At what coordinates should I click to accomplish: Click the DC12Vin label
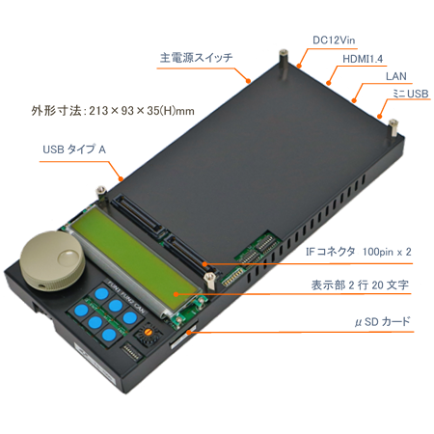click(x=334, y=41)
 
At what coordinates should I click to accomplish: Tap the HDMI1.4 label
click(x=363, y=59)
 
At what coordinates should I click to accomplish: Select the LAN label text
click(x=396, y=76)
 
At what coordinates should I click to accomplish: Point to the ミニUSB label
click(x=411, y=94)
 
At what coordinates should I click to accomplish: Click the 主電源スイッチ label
click(x=196, y=58)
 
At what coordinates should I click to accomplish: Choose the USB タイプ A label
click(x=74, y=149)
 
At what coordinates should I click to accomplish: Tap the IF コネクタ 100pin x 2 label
click(x=359, y=252)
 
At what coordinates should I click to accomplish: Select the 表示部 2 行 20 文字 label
click(x=360, y=285)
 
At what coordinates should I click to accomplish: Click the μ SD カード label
click(x=383, y=321)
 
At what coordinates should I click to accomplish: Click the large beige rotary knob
click(x=52, y=260)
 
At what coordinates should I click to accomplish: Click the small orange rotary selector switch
click(x=148, y=332)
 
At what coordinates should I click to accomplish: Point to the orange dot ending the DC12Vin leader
click(x=299, y=67)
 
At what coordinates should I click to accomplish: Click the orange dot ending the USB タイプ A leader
click(x=122, y=178)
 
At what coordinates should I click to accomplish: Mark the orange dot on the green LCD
click(x=176, y=294)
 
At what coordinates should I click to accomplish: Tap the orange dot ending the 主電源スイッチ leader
click(x=248, y=81)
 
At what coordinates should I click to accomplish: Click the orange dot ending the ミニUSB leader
click(x=380, y=116)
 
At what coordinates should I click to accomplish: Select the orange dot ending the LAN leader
click(x=354, y=100)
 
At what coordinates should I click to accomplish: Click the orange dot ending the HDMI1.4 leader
click(x=329, y=83)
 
